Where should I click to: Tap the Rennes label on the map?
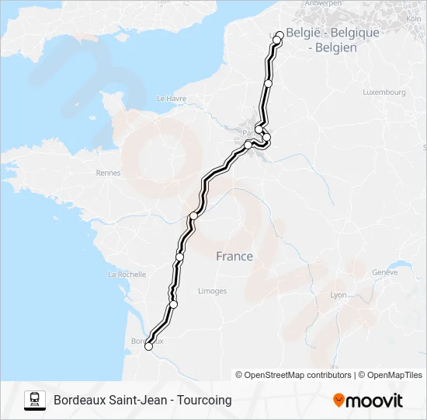tap(108, 173)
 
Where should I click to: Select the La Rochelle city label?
tap(127, 275)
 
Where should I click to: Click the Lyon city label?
tap(338, 296)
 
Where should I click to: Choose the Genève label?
tap(384, 272)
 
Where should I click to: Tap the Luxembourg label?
tap(384, 92)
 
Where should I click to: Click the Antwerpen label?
tap(323, 4)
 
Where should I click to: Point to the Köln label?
tap(413, 18)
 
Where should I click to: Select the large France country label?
tap(234, 257)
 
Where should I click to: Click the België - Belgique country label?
tap(333, 33)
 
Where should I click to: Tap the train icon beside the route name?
tap(35, 400)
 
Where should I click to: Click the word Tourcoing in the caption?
tap(204, 401)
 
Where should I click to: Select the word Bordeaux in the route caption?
tap(81, 401)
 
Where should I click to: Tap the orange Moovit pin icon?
tap(338, 401)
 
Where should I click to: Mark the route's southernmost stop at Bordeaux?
tap(148, 348)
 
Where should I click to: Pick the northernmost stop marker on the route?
tap(279, 34)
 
